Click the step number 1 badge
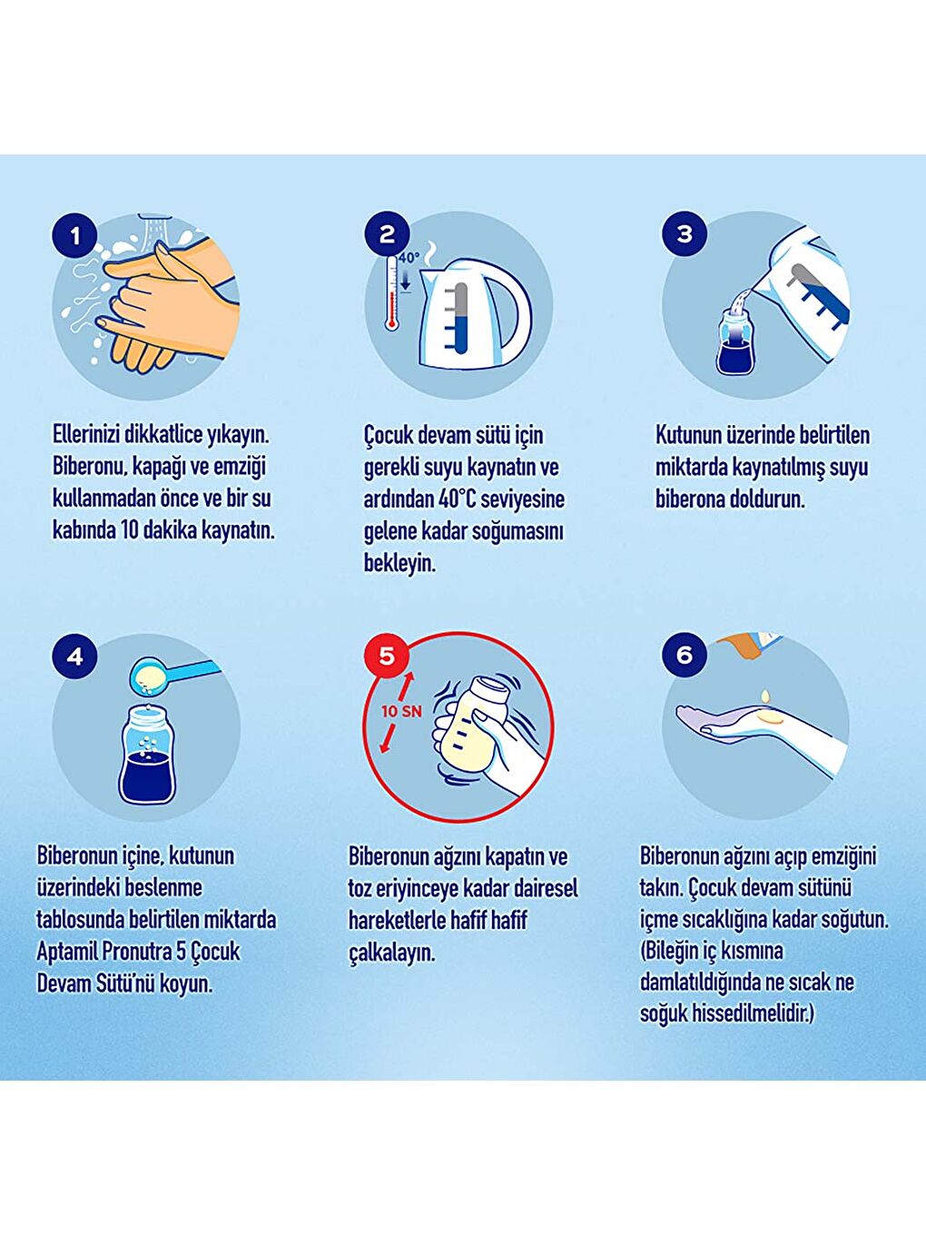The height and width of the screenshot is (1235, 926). (74, 235)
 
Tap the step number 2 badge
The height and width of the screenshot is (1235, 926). (386, 233)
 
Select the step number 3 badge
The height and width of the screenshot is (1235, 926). (684, 233)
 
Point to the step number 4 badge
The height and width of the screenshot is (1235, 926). (74, 656)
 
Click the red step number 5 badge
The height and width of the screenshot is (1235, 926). (387, 655)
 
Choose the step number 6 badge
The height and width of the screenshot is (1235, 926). (685, 655)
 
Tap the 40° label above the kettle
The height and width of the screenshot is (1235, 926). (409, 258)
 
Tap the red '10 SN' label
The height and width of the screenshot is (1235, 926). (401, 711)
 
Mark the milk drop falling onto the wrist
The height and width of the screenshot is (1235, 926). (764, 696)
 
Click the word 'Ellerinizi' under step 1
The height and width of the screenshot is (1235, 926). (85, 435)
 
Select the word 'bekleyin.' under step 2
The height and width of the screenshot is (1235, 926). (399, 563)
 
